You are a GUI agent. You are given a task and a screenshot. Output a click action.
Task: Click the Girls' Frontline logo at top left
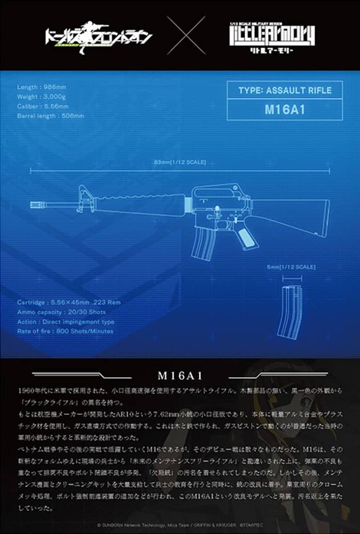click(x=98, y=36)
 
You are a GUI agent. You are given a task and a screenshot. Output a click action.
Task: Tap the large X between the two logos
click(x=186, y=35)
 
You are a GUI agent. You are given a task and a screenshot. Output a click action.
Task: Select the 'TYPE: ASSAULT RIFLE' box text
click(x=284, y=90)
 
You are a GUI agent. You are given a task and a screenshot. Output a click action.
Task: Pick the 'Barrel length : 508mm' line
click(x=50, y=115)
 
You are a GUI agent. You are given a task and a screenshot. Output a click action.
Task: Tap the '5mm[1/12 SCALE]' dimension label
click(x=291, y=266)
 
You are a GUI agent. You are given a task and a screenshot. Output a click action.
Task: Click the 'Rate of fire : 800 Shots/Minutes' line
click(x=65, y=331)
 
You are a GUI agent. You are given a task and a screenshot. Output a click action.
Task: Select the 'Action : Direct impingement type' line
click(x=65, y=321)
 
